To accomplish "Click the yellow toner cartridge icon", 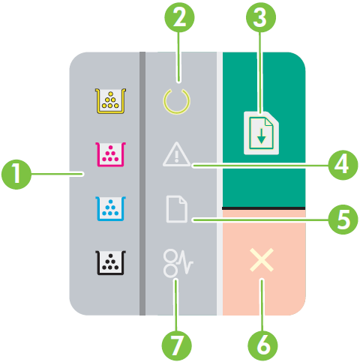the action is coord(110,101).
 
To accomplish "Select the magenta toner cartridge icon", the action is coord(110,154).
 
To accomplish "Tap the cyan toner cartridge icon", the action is coord(110,208).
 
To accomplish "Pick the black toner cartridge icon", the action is coord(110,263).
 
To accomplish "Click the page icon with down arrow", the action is coord(261,133).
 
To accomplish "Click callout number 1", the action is coord(16,174).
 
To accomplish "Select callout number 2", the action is coord(179,17).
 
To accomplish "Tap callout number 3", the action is coord(261,17).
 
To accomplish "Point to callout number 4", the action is coord(343,165).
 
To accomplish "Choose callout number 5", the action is coord(343,220).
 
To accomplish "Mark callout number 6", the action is coord(262,346).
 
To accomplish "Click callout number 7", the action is coord(176,346).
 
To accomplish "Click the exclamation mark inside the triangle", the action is coord(177,157).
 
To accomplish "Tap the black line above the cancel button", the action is coord(263,208).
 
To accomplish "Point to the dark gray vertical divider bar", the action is coord(142,184).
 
